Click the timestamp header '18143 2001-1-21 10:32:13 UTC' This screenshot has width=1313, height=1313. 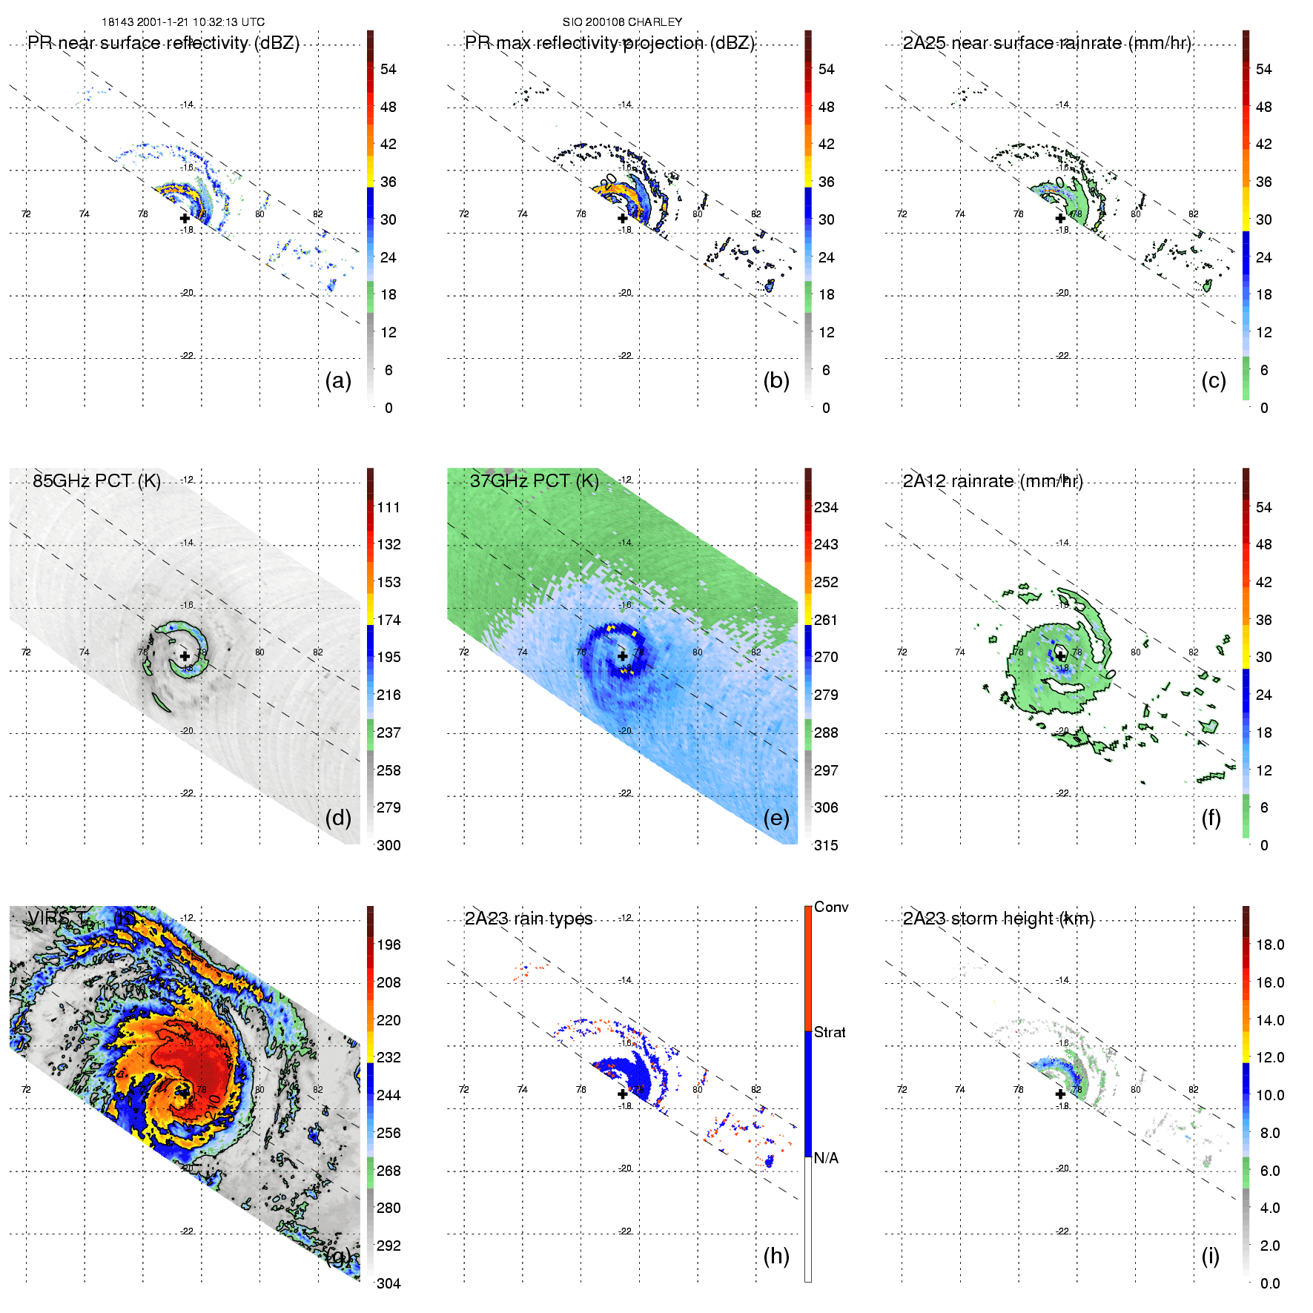tap(183, 22)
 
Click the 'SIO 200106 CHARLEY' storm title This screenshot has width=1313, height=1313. tap(622, 22)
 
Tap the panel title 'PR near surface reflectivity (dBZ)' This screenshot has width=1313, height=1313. tap(163, 43)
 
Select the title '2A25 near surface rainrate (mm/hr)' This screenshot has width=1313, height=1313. tap(1046, 43)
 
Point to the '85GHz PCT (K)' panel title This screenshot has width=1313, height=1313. tap(96, 481)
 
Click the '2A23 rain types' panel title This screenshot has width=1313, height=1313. tap(529, 919)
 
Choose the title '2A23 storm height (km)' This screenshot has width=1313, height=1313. tap(998, 919)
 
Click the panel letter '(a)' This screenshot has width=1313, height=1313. tap(338, 380)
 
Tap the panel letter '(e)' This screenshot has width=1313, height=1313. tap(776, 818)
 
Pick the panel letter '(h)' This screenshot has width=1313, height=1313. tap(776, 1255)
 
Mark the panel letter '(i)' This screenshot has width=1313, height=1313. tap(1210, 1255)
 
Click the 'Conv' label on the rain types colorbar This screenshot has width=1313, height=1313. tap(831, 907)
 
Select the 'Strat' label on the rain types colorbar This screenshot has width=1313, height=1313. tap(830, 1032)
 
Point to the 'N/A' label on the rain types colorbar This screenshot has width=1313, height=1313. tap(825, 1158)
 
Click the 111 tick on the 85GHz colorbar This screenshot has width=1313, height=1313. tap(388, 507)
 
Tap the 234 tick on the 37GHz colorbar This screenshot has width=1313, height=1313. tap(826, 507)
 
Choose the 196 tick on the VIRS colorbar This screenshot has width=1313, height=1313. tap(388, 945)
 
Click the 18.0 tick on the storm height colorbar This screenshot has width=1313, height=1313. tap(1270, 945)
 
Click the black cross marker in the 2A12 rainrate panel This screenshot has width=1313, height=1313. tap(1060, 656)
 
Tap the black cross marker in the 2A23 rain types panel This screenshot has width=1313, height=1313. tap(623, 1094)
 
